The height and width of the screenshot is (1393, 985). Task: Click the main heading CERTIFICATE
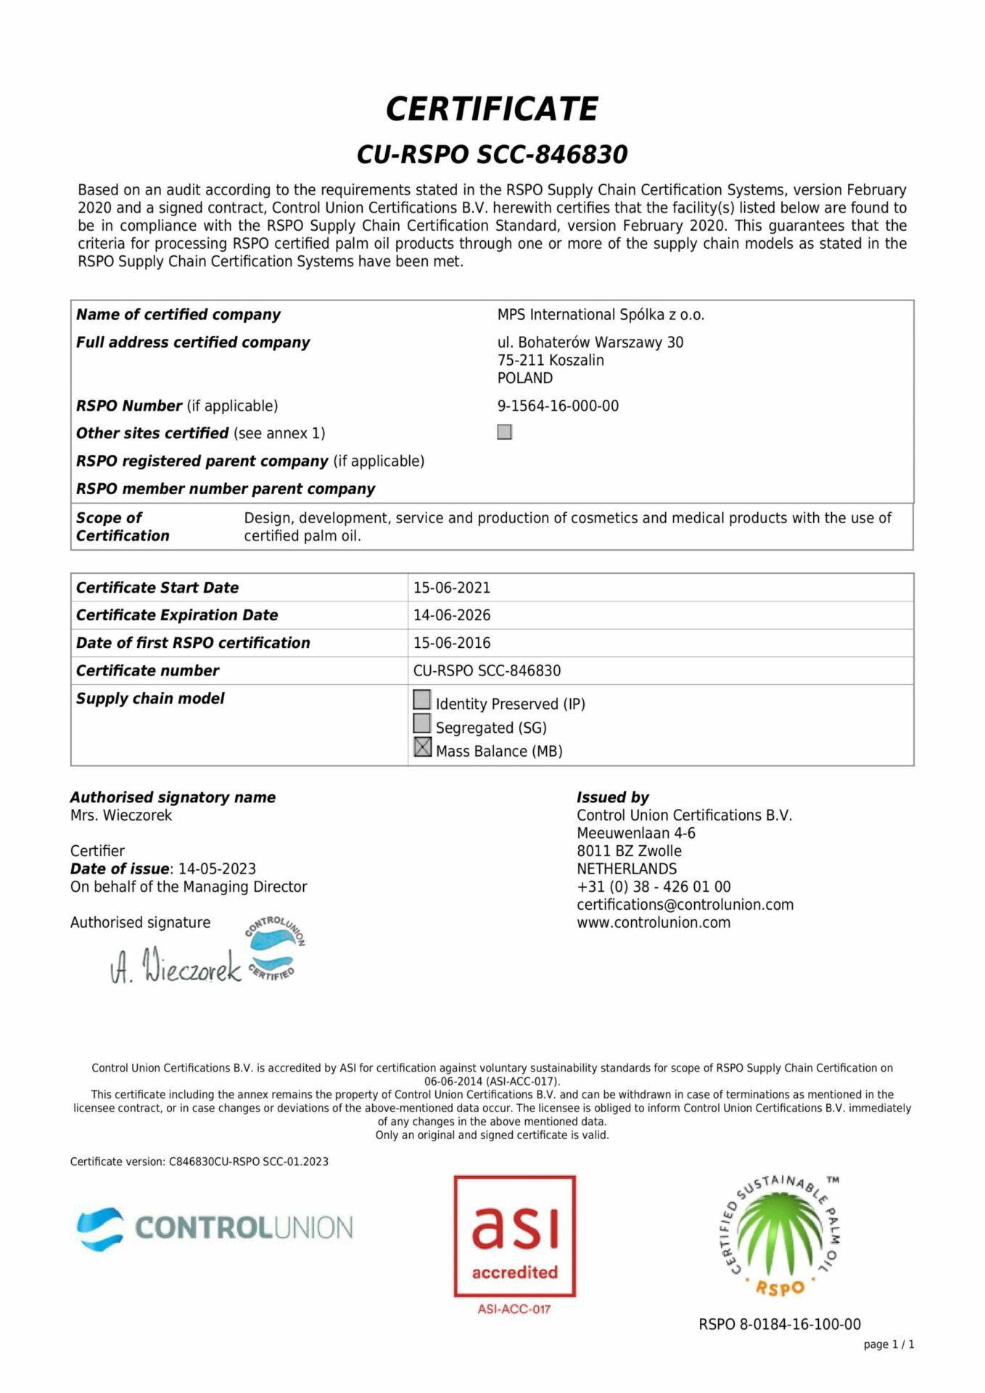point(492,109)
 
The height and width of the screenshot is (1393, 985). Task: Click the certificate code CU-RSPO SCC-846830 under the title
point(492,155)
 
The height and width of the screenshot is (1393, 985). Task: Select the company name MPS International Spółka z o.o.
point(601,315)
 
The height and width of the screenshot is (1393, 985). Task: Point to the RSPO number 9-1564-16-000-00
point(558,406)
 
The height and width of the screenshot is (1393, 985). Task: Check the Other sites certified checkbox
point(505,432)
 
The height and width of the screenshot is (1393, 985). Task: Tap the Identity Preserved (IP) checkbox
point(422,699)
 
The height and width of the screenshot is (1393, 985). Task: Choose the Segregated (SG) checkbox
point(422,723)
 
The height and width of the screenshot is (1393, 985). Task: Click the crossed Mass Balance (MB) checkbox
point(422,747)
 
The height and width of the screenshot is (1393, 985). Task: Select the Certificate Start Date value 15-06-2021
point(452,588)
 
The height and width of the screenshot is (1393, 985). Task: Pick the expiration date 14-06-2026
point(452,615)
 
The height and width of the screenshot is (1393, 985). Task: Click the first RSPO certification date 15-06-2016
point(452,643)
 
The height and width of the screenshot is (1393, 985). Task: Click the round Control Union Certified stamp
point(274,949)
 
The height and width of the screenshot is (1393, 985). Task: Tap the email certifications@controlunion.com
point(685,905)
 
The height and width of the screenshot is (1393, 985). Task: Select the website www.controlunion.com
point(654,923)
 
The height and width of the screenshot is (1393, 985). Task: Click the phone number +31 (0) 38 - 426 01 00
point(654,887)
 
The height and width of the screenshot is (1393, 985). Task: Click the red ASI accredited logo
point(514,1236)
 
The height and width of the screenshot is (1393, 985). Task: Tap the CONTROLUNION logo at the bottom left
point(215,1228)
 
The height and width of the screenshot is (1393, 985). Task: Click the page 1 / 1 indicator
point(889,1344)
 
